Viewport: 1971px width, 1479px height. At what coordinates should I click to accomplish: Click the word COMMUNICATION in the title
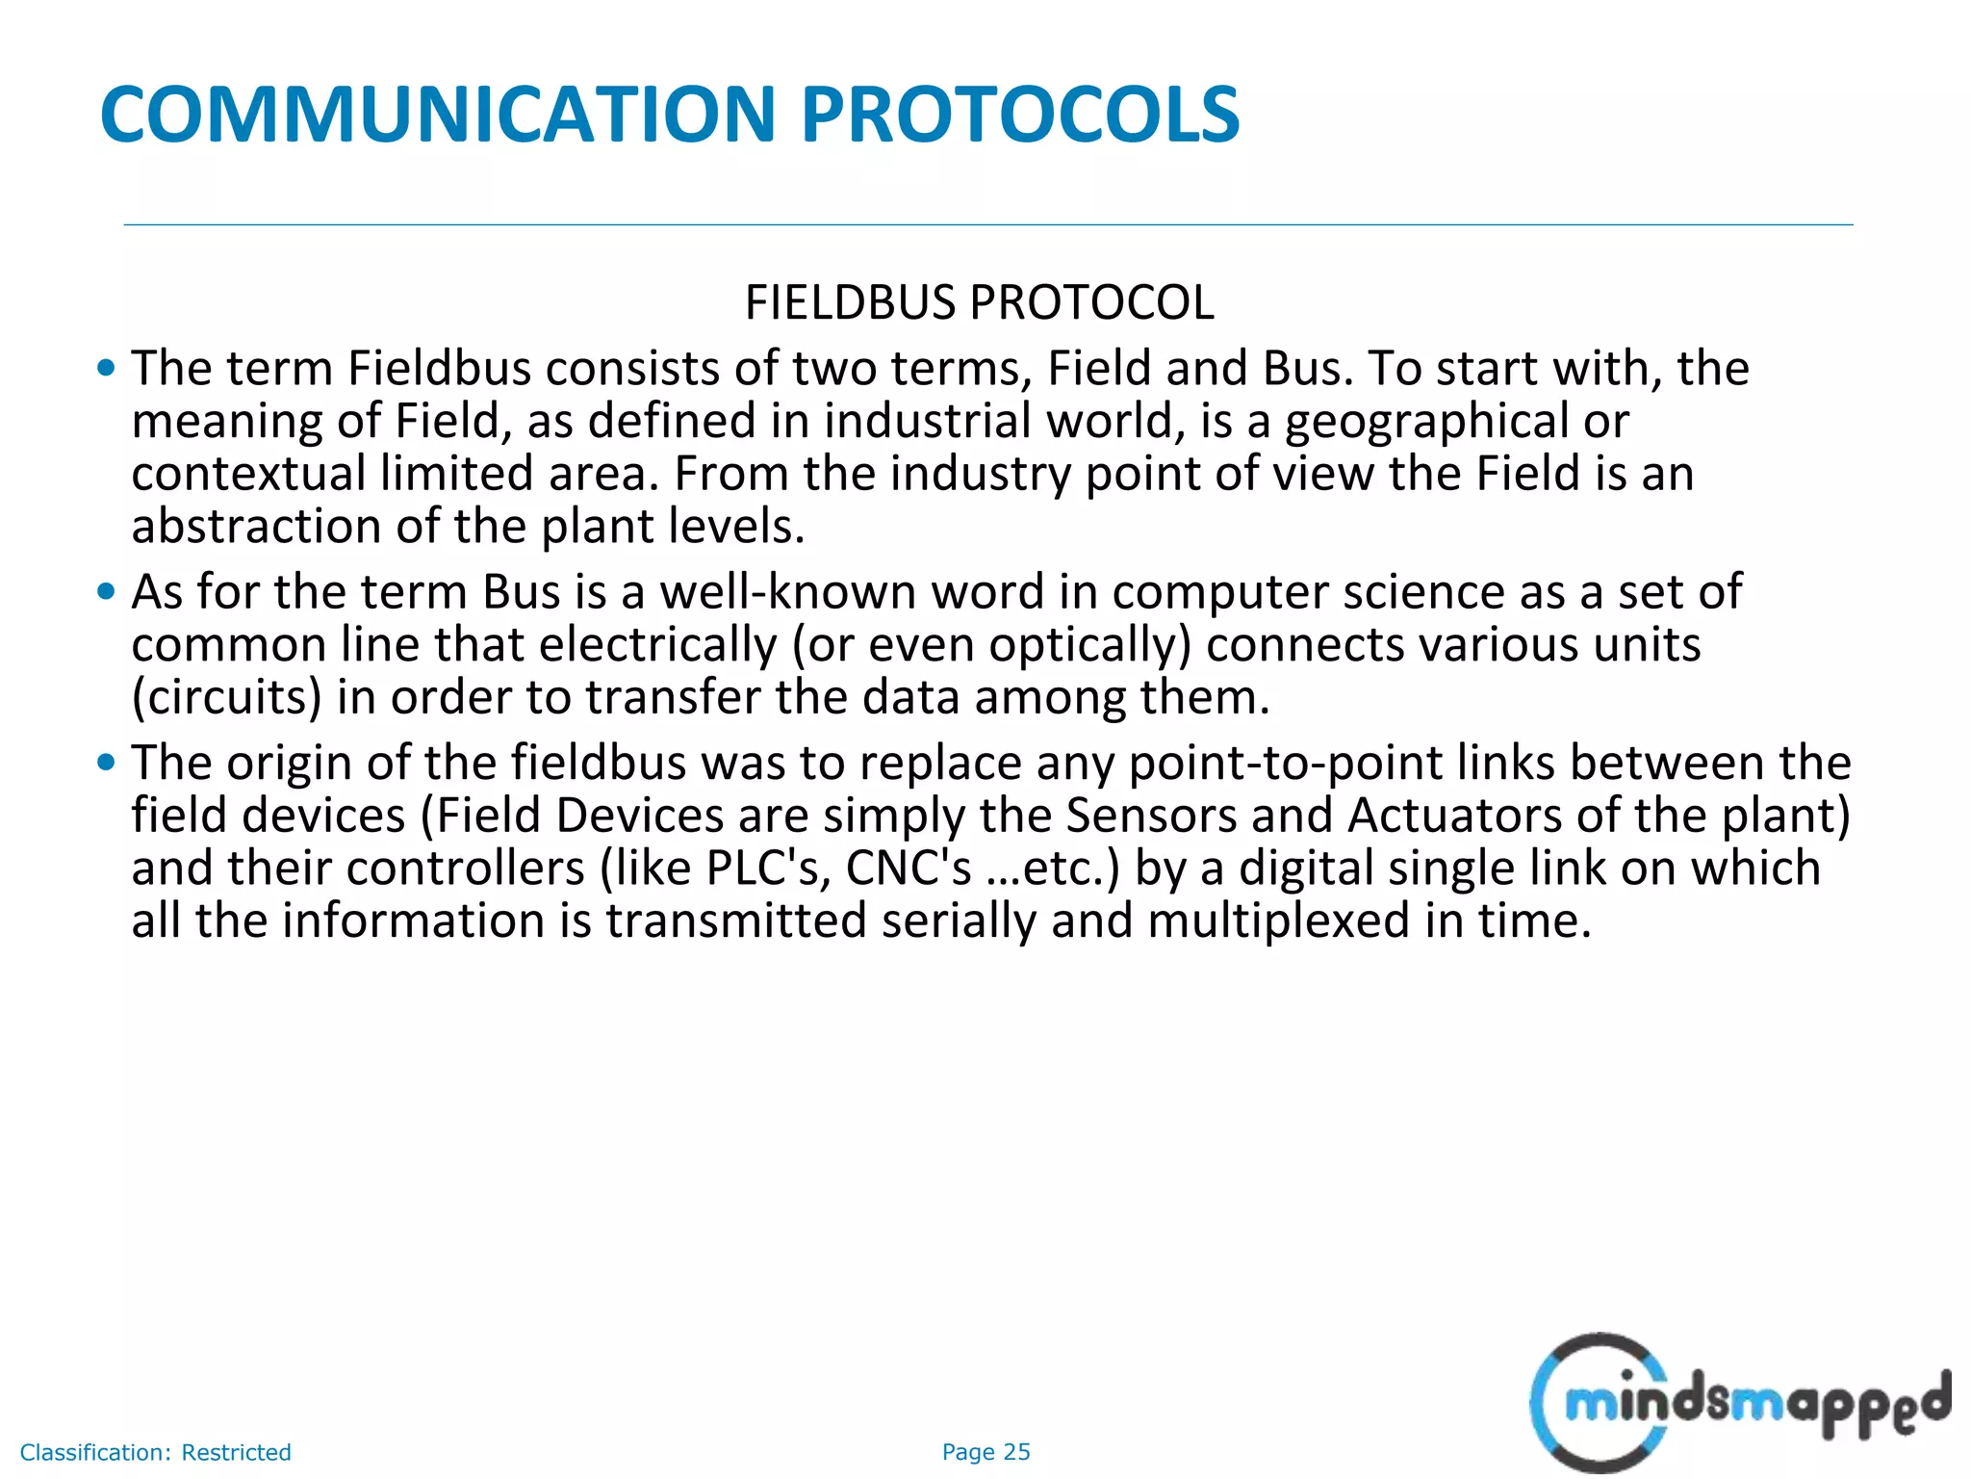click(x=438, y=115)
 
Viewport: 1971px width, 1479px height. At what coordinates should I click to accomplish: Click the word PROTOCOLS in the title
click(x=1020, y=115)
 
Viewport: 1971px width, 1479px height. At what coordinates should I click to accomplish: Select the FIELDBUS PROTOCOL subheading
click(x=979, y=302)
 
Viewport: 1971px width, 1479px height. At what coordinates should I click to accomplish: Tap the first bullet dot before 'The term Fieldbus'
click(x=107, y=368)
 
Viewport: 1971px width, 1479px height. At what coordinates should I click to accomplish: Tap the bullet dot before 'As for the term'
click(x=107, y=591)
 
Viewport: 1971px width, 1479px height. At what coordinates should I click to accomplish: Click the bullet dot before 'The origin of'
click(x=107, y=763)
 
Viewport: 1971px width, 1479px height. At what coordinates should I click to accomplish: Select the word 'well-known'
click(x=787, y=591)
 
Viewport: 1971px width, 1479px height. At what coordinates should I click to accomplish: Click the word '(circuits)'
click(x=226, y=697)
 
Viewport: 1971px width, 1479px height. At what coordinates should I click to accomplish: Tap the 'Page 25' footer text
click(x=985, y=1452)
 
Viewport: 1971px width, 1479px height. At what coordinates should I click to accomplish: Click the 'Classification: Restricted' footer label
click(x=155, y=1452)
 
